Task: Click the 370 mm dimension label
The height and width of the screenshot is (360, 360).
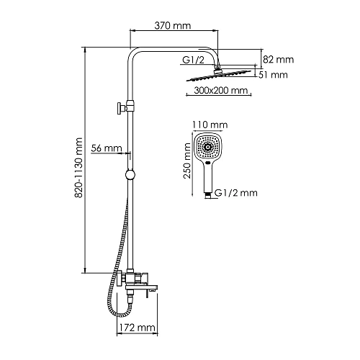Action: pos(173,26)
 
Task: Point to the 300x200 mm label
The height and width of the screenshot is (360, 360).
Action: pos(221,91)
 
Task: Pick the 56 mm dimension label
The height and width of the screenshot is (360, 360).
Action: pos(107,148)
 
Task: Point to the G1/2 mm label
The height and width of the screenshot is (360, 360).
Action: pos(237,193)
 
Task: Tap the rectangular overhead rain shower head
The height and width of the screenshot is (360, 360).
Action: pos(220,75)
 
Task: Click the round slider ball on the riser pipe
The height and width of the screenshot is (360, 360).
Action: pos(130,175)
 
